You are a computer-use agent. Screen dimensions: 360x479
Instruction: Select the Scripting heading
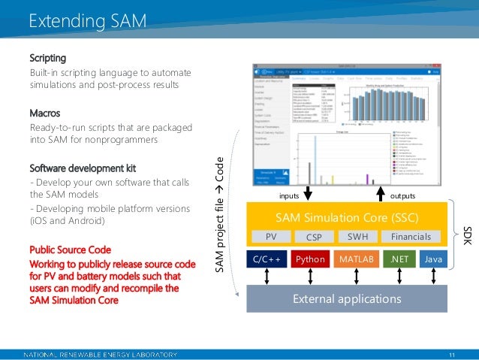pos(48,58)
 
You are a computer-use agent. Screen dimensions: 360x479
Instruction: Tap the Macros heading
pos(46,113)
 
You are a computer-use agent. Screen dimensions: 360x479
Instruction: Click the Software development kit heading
pos(83,167)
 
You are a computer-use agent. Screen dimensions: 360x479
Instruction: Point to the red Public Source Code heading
pos(70,250)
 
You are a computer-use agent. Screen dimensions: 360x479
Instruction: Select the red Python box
pos(309,259)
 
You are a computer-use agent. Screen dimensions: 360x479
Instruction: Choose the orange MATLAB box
pos(356,259)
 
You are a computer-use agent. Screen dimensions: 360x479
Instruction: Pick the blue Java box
pos(432,259)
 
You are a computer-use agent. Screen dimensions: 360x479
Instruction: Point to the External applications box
pos(346,298)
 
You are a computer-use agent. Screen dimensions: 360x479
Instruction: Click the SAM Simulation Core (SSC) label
pos(346,217)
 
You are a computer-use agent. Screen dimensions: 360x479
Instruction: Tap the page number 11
pos(452,354)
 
